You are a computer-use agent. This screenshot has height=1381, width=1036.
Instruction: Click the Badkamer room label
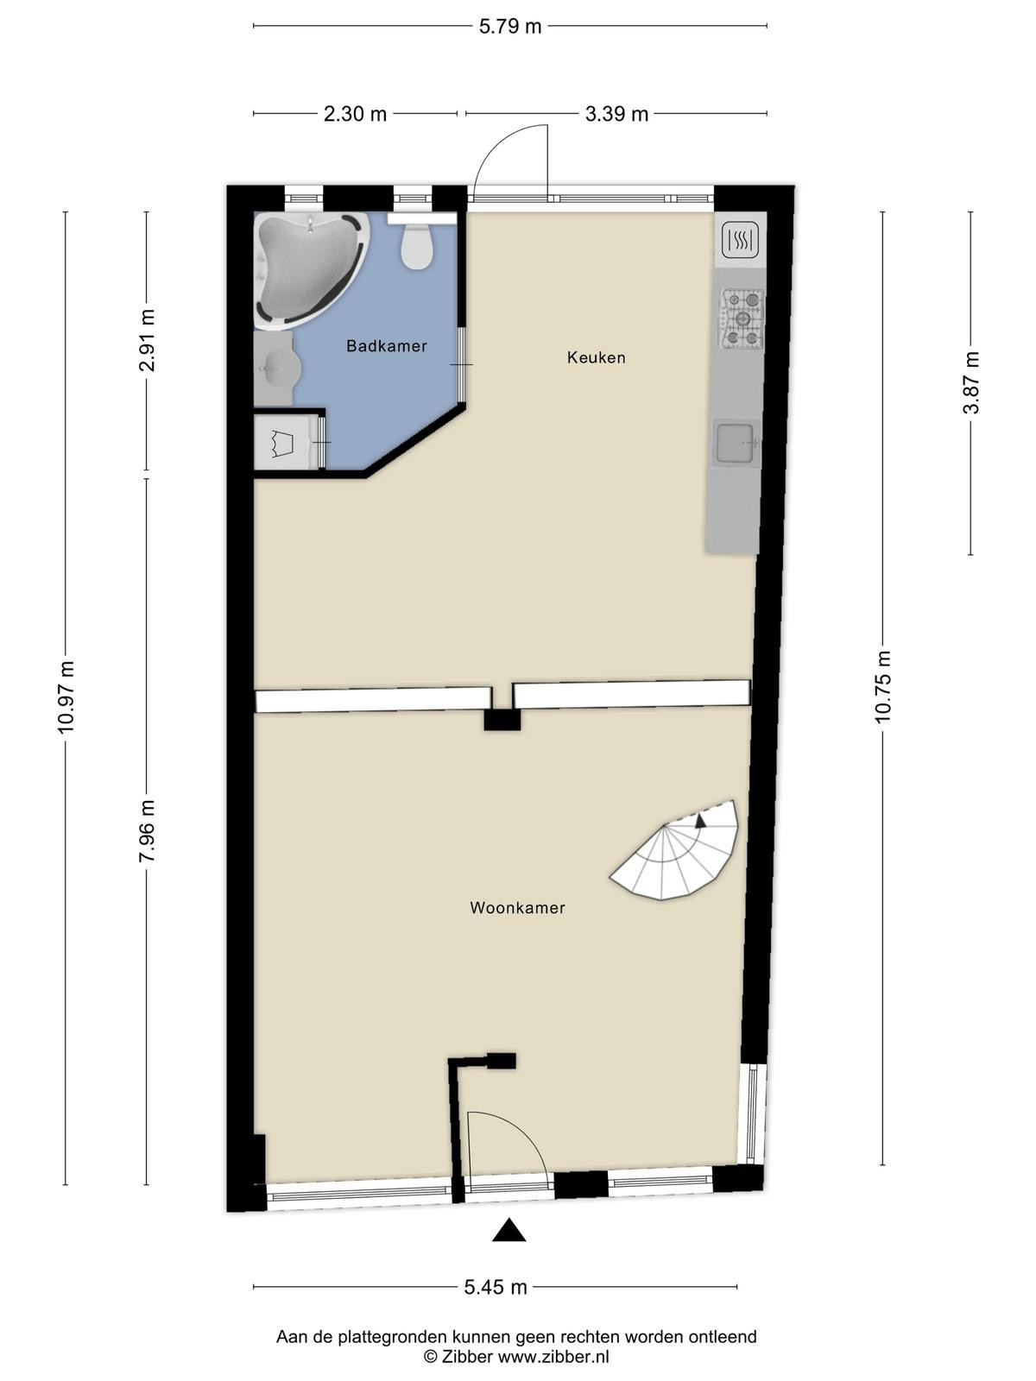386,345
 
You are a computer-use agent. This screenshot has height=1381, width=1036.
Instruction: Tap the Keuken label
596,357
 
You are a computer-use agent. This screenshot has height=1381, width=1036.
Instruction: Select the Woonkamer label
517,908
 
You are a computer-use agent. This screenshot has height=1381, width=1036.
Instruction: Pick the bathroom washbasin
278,367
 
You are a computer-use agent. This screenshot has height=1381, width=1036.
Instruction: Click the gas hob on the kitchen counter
742,318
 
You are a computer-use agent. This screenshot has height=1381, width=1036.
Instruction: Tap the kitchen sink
736,444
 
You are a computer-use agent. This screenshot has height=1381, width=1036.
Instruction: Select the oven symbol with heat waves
741,240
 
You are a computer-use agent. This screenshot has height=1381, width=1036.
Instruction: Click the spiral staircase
676,852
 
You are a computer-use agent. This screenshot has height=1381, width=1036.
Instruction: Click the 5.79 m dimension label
510,27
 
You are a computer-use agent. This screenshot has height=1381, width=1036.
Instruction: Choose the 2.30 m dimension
355,115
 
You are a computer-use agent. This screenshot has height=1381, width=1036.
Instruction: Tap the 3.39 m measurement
616,115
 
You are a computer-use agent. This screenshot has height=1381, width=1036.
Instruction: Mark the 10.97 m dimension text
66,697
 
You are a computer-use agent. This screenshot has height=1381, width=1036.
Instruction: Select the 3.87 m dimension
970,382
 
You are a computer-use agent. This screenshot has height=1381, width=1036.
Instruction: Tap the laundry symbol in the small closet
281,442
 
